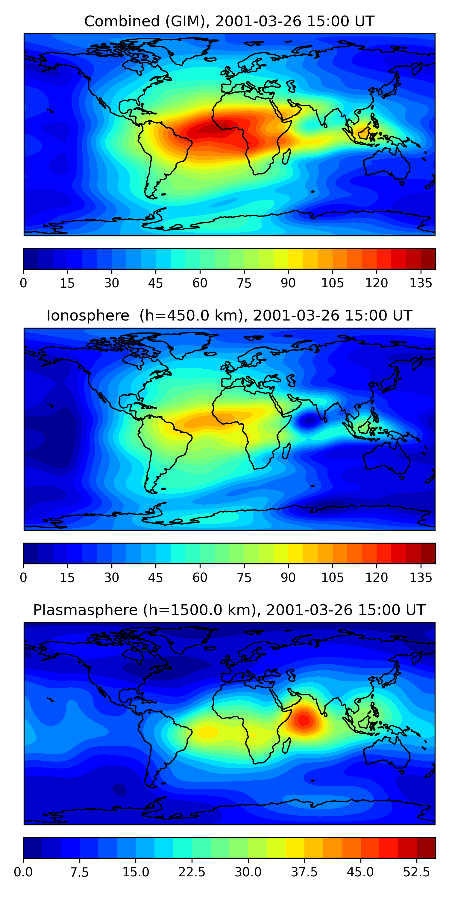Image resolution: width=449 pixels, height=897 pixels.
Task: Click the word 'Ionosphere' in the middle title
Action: (88, 316)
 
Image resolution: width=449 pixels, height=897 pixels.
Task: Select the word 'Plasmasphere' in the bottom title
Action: (85, 610)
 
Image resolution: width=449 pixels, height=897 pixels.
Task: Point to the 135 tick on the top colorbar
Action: (421, 283)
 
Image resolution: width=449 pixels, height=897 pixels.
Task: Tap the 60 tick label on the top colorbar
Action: (200, 283)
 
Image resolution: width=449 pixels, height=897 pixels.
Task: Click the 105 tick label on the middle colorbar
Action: (332, 577)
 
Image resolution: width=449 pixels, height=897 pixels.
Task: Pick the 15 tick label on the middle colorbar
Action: (67, 577)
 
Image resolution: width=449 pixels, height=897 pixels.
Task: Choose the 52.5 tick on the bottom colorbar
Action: (417, 872)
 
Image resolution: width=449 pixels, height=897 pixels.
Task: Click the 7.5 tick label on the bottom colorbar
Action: (80, 872)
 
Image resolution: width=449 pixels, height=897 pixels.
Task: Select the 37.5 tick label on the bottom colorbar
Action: (304, 872)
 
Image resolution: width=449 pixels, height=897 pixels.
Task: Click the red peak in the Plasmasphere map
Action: (304, 719)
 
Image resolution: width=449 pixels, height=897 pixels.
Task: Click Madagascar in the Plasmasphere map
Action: (286, 745)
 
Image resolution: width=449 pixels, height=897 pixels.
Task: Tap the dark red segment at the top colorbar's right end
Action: (428, 259)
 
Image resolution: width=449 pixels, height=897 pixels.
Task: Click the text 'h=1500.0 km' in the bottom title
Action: (201, 610)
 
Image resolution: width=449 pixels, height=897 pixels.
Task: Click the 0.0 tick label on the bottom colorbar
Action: (23, 872)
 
